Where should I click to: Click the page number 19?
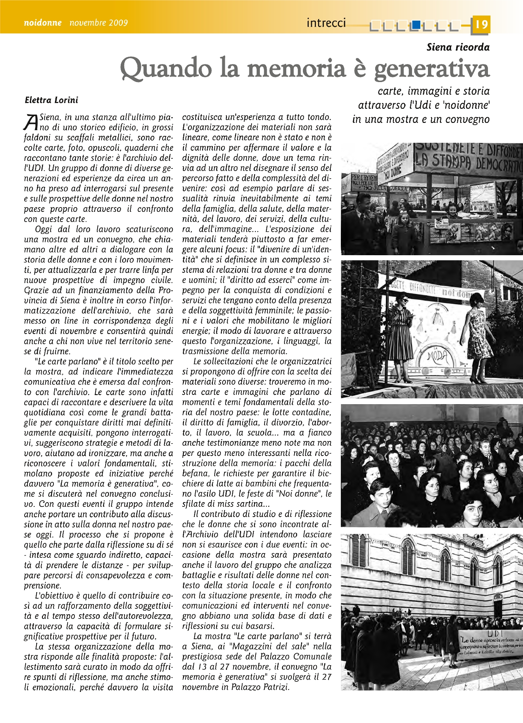[x=481, y=24]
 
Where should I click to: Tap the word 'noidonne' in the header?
[x=43, y=23]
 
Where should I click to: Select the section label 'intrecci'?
[x=326, y=23]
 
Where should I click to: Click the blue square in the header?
[x=416, y=25]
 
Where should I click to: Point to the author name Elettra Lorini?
[x=51, y=100]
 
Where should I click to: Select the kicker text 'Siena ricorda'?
[x=458, y=47]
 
